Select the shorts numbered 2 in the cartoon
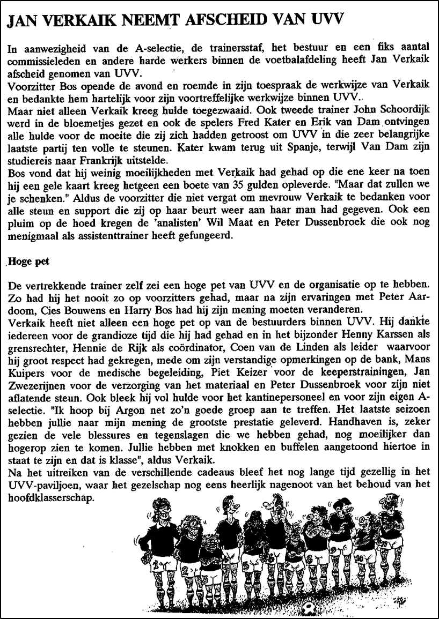[x=187, y=580]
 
